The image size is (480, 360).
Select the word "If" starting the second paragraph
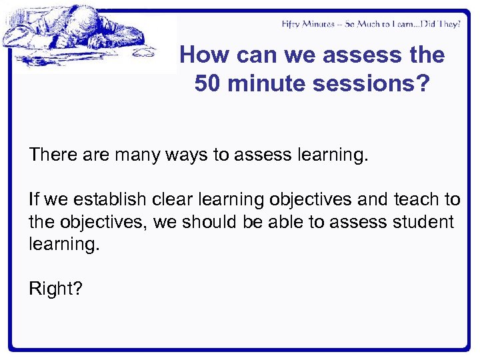pyautogui.click(x=34, y=199)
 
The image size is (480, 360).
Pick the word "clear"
pyautogui.click(x=174, y=199)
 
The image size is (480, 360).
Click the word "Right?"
pyautogui.click(x=55, y=289)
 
